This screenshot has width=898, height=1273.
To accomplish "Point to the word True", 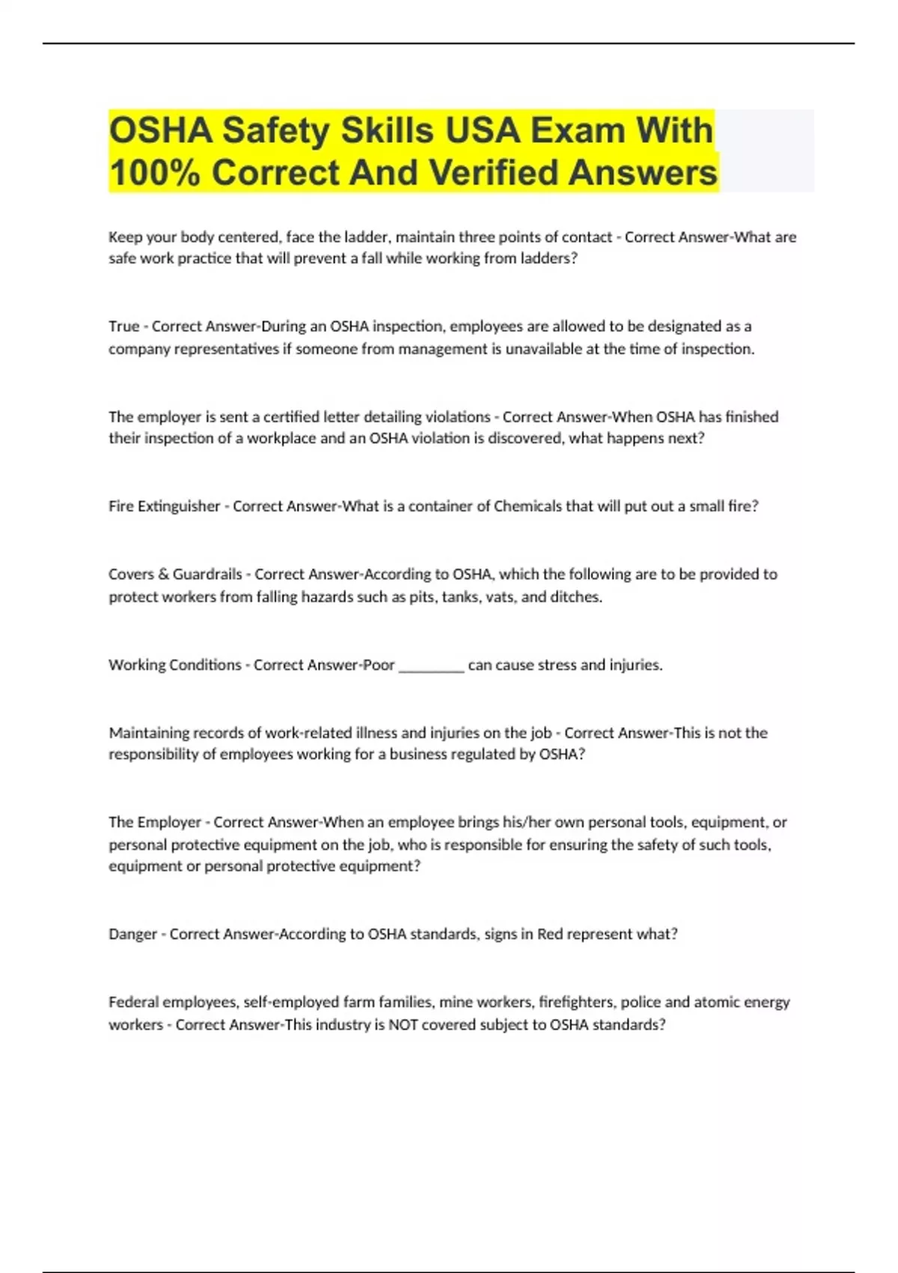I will click(124, 326).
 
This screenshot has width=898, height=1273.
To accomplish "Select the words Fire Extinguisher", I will click(164, 506).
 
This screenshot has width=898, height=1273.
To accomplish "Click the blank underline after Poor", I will click(431, 665).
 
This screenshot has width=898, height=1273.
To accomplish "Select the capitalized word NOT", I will click(403, 1024).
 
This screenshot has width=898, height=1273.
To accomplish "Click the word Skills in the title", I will click(388, 131).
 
